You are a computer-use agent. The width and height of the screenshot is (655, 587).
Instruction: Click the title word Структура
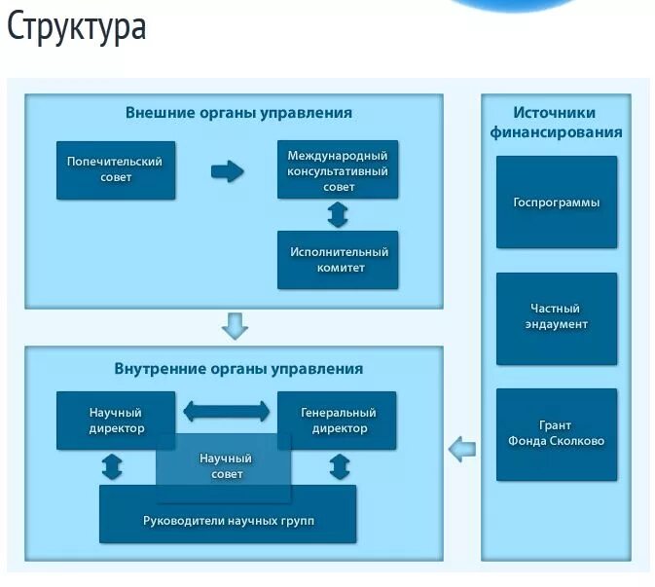pyautogui.click(x=76, y=27)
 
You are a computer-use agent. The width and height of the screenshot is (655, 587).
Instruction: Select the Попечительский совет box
pyautogui.click(x=116, y=170)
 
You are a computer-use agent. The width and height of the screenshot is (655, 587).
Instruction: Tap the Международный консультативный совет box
pyautogui.click(x=338, y=170)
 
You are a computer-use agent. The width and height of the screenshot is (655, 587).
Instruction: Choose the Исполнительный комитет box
pyautogui.click(x=338, y=260)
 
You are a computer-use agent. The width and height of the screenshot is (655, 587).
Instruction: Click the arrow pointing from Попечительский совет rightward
pyautogui.click(x=227, y=171)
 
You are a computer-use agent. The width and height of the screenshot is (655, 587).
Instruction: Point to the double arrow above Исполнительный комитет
pyautogui.click(x=338, y=214)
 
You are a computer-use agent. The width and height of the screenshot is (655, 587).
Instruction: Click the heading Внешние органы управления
pyautogui.click(x=238, y=113)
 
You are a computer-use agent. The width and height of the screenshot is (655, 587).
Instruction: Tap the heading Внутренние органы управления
pyautogui.click(x=238, y=369)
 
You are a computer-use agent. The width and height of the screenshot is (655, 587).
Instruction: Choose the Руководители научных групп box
pyautogui.click(x=228, y=521)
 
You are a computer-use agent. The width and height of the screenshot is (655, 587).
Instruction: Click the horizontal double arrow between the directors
pyautogui.click(x=227, y=411)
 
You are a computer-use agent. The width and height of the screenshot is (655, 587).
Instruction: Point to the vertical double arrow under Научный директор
pyautogui.click(x=112, y=467)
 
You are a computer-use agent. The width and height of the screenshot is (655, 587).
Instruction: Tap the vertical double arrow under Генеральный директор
pyautogui.click(x=340, y=467)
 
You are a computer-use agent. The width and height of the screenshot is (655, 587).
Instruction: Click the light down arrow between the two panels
pyautogui.click(x=235, y=325)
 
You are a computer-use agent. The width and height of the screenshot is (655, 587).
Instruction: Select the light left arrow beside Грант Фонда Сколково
pyautogui.click(x=462, y=449)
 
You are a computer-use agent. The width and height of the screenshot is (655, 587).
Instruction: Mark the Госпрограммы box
pyautogui.click(x=557, y=202)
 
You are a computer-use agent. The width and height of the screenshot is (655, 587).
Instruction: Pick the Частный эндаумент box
pyautogui.click(x=557, y=318)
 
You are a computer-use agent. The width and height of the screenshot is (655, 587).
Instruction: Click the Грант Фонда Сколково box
pyautogui.click(x=557, y=434)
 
